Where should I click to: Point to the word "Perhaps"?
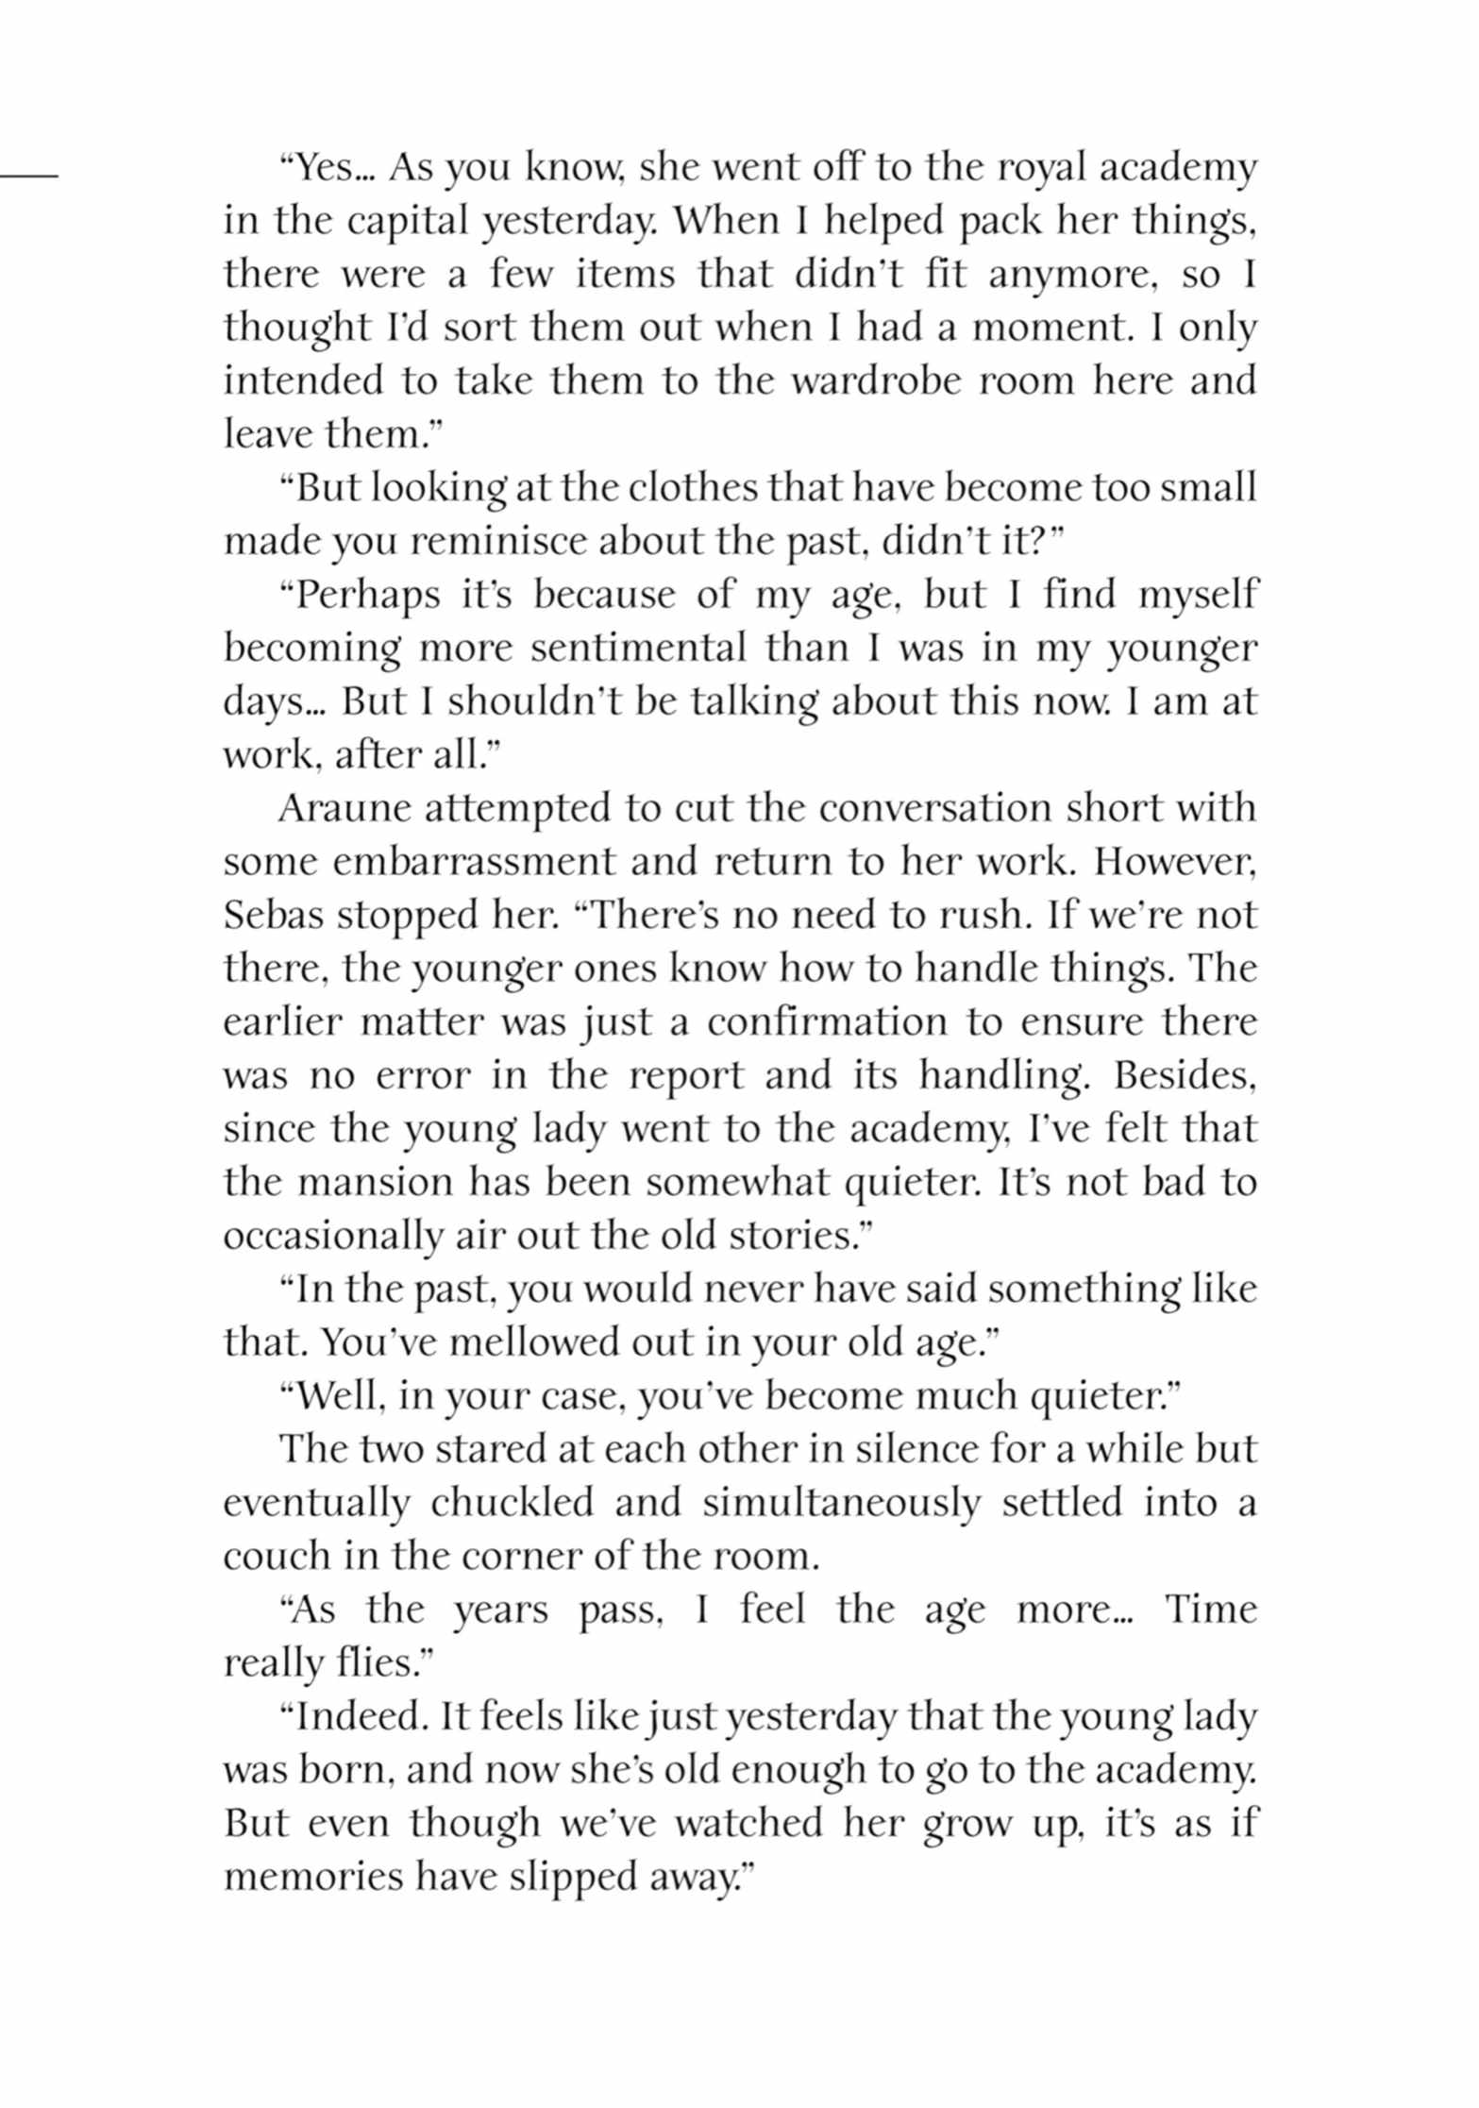click(369, 596)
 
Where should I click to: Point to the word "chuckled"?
click(512, 1503)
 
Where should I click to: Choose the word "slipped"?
click(569, 1877)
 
